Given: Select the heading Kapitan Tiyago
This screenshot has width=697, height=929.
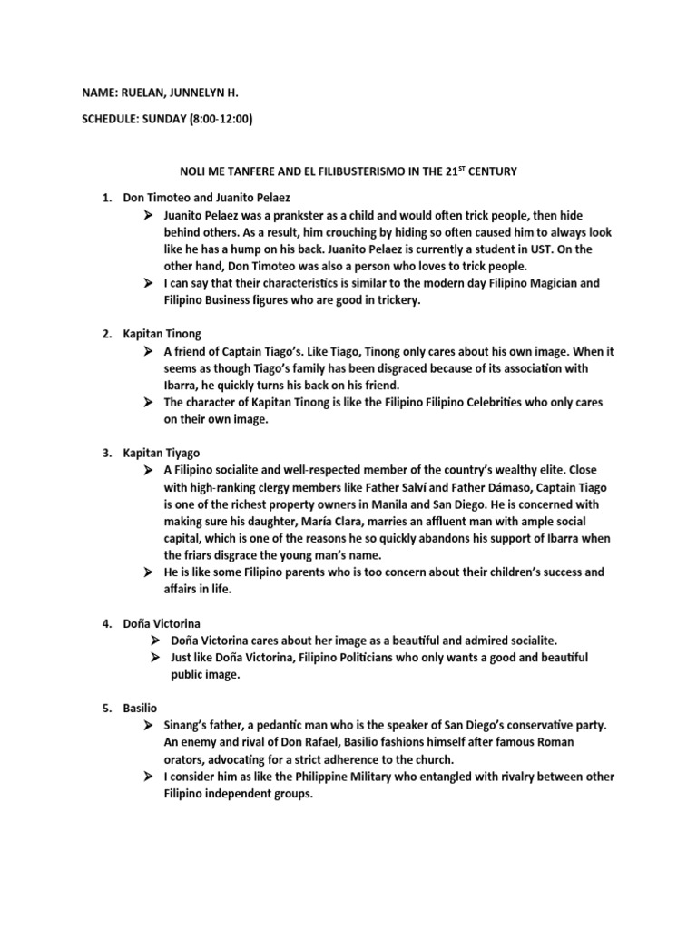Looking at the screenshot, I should [162, 452].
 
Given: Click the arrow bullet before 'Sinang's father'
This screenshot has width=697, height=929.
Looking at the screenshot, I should [146, 726].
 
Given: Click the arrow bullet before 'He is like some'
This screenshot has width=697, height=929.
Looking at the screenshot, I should [146, 572].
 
